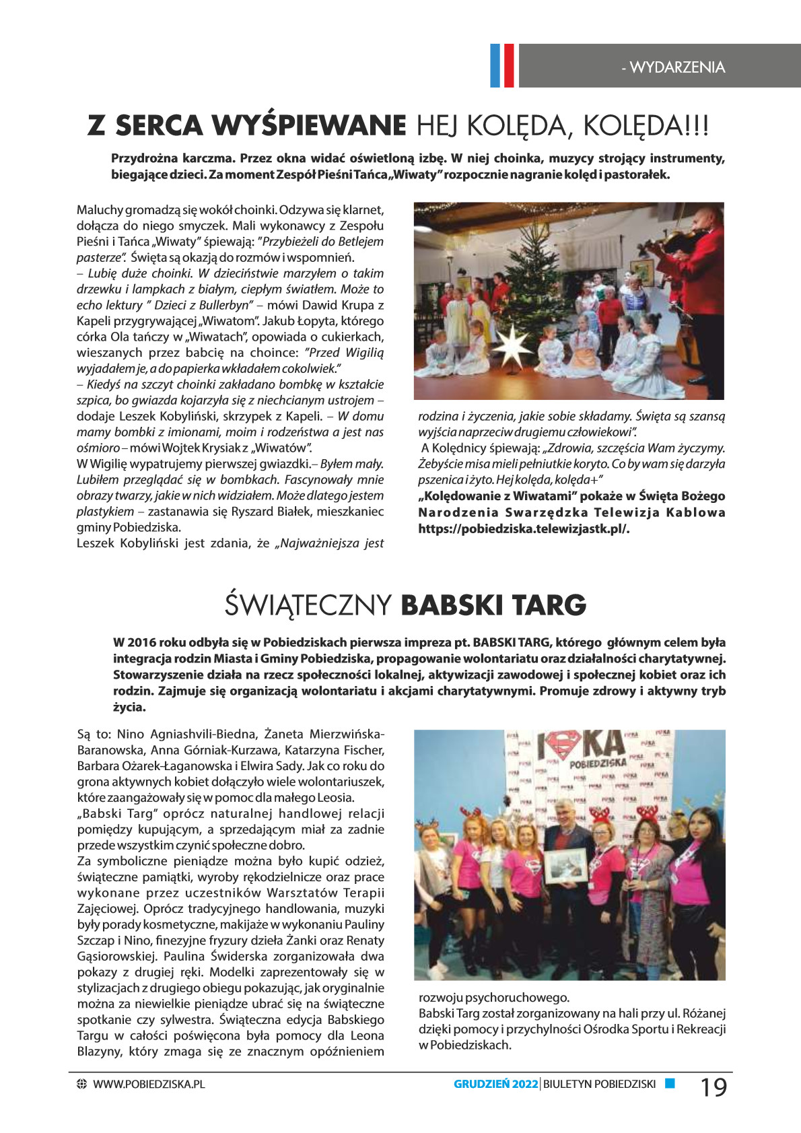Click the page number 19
click(713, 1087)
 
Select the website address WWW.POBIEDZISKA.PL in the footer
click(149, 1084)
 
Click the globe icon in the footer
click(82, 1084)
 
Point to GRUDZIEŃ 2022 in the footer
click(495, 1084)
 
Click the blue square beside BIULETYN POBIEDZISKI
click(670, 1083)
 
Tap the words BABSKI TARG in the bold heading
click(493, 605)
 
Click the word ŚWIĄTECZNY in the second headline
click(308, 605)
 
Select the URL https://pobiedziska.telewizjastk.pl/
click(524, 528)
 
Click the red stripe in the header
click(508, 65)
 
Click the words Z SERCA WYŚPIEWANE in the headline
click(247, 126)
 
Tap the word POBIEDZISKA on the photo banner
click(598, 763)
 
